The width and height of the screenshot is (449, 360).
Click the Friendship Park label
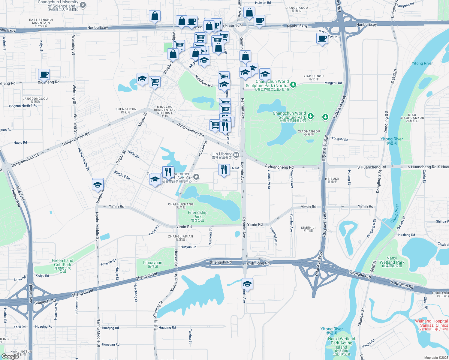click(x=197, y=216)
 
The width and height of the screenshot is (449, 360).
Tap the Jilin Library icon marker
click(x=236, y=155)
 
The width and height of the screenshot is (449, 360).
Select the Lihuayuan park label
click(x=153, y=264)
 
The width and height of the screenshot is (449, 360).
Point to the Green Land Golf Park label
click(x=63, y=265)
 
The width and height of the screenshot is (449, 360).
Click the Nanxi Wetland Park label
click(x=392, y=262)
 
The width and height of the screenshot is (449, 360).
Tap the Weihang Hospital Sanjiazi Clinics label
click(x=431, y=325)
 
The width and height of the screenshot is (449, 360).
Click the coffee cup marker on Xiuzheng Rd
click(x=44, y=74)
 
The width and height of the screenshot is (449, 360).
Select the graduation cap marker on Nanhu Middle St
click(x=98, y=185)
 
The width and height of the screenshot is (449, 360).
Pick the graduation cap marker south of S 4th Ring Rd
click(x=247, y=283)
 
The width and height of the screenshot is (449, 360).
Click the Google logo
click(x=10, y=356)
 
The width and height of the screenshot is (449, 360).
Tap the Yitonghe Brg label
click(x=360, y=274)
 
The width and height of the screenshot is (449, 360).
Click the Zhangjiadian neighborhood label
click(x=180, y=238)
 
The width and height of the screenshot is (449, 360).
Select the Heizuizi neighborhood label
click(x=332, y=180)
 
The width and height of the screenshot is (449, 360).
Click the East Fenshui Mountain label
click(x=41, y=22)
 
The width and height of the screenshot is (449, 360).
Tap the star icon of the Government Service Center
click(x=196, y=177)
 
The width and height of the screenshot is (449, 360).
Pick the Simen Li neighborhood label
click(x=308, y=229)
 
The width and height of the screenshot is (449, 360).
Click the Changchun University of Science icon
click(x=83, y=5)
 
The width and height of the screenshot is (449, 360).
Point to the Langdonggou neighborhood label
click(x=35, y=100)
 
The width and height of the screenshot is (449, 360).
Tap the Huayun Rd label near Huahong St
click(x=188, y=247)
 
